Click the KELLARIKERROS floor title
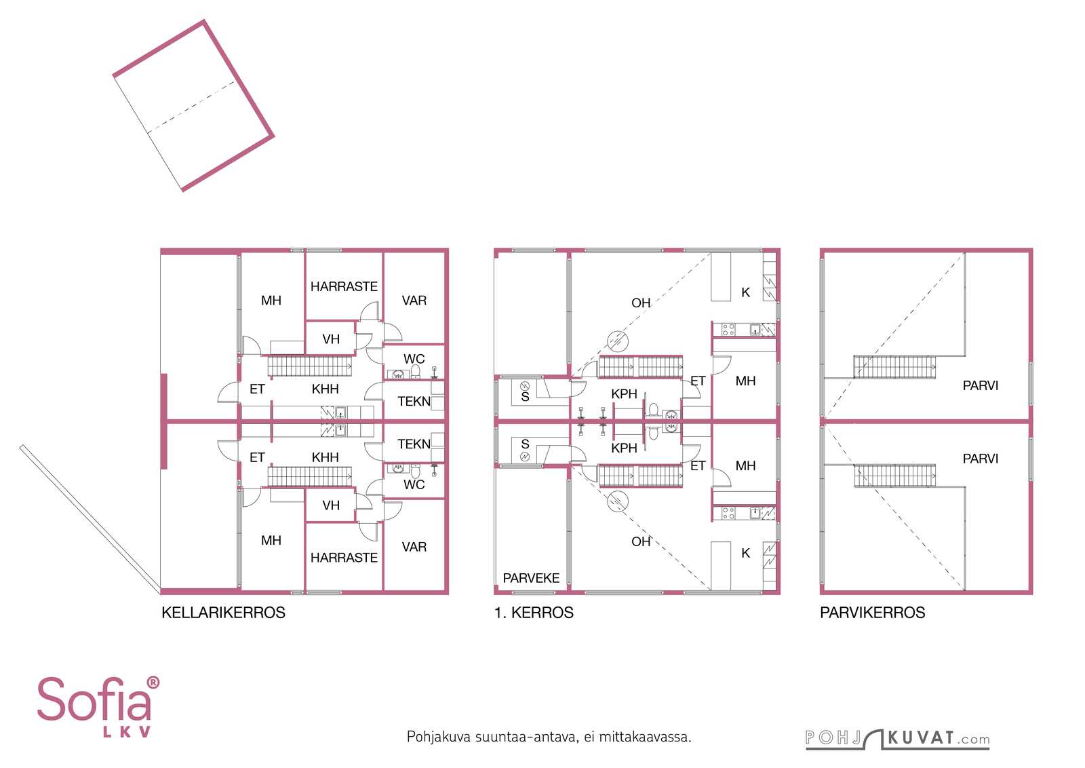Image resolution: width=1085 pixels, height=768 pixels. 223,613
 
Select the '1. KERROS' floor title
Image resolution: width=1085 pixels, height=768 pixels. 534,613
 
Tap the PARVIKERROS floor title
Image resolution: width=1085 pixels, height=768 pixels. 872,613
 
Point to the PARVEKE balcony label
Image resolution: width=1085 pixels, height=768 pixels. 531,578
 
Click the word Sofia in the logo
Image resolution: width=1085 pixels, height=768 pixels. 93,699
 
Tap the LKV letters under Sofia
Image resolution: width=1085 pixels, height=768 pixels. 127,731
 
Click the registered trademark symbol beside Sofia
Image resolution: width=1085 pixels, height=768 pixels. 153,683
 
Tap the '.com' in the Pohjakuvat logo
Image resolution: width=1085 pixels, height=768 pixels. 974,740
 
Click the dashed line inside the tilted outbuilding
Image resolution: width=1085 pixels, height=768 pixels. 191,107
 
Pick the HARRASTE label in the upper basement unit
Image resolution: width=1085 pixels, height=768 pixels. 344,286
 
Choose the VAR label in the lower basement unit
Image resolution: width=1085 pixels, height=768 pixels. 414,547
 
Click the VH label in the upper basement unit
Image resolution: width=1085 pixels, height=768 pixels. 331,339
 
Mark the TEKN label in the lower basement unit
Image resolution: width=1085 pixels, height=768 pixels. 414,444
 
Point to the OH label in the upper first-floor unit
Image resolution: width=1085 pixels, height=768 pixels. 641,303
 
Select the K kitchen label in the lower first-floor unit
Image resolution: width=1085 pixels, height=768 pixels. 745,553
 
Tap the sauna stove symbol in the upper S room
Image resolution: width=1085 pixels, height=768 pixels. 525,386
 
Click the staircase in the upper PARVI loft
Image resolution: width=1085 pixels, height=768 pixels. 894,367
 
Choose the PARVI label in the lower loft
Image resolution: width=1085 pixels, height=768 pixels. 981,459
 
